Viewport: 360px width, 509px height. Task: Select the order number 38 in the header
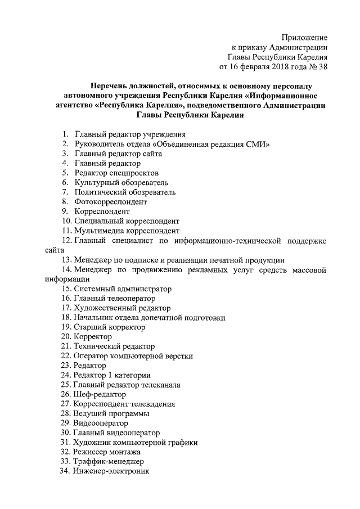point(322,67)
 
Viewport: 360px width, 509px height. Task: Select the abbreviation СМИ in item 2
point(258,144)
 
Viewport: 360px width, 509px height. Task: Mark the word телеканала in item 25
point(157,385)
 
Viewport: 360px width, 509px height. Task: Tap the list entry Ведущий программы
point(111,414)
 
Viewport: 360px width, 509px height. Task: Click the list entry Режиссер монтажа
point(107,452)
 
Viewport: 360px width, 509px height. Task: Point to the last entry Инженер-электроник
point(111,471)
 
